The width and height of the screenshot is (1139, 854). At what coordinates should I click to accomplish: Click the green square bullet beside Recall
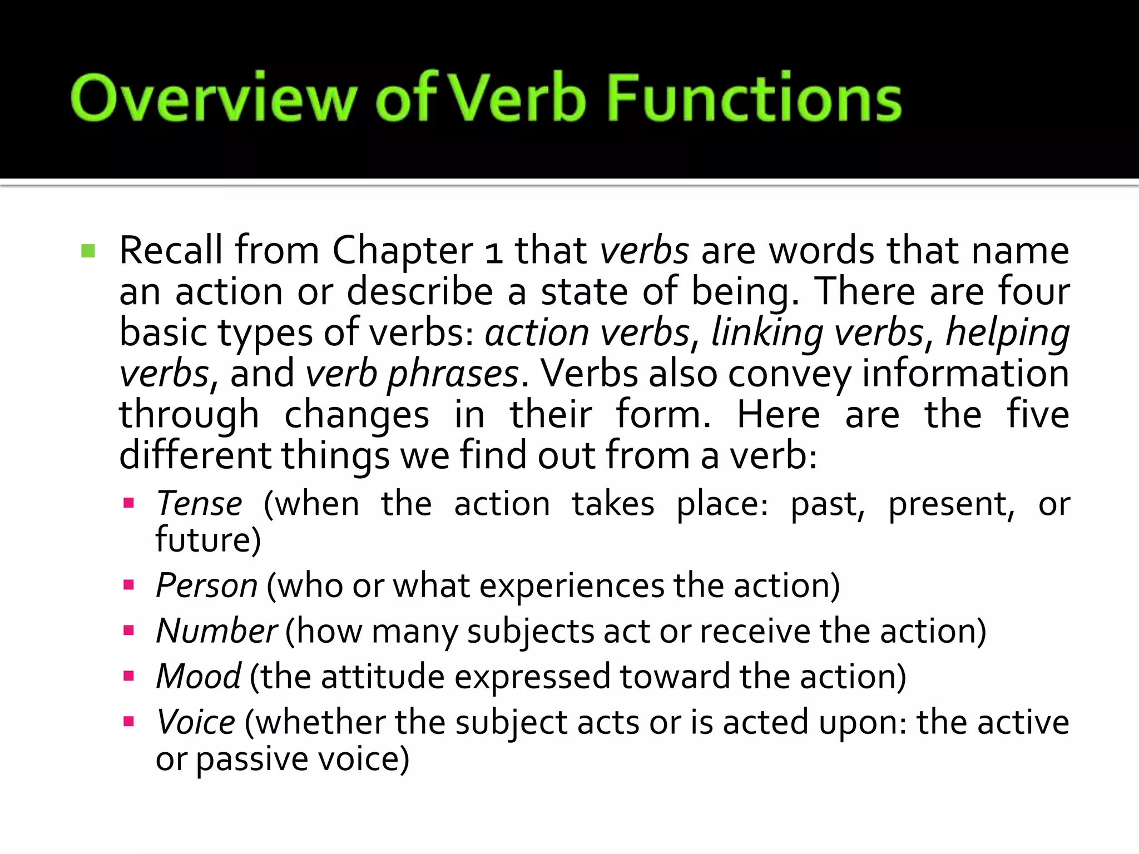pyautogui.click(x=88, y=251)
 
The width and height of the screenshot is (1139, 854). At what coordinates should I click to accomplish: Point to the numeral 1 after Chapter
pyautogui.click(x=494, y=252)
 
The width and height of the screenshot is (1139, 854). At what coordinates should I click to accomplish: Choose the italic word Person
pyautogui.click(x=206, y=585)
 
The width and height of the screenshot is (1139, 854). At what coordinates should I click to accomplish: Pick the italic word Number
pyautogui.click(x=216, y=631)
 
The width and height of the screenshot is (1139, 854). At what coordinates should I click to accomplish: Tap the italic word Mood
pyautogui.click(x=199, y=677)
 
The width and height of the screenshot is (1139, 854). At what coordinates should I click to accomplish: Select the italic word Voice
pyautogui.click(x=196, y=722)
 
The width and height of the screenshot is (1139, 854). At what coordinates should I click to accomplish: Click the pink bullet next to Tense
pyautogui.click(x=129, y=504)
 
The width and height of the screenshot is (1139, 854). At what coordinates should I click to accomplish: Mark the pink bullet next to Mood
pyautogui.click(x=129, y=676)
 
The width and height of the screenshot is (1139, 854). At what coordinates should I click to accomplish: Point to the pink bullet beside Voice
pyautogui.click(x=129, y=722)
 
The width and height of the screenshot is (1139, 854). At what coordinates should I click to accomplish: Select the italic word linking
pyautogui.click(x=766, y=333)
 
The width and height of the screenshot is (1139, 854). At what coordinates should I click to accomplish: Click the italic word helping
pyautogui.click(x=1007, y=333)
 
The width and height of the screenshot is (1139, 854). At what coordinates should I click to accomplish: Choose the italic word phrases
pyautogui.click(x=453, y=374)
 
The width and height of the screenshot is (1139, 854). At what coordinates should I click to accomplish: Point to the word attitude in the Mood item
pyautogui.click(x=383, y=677)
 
